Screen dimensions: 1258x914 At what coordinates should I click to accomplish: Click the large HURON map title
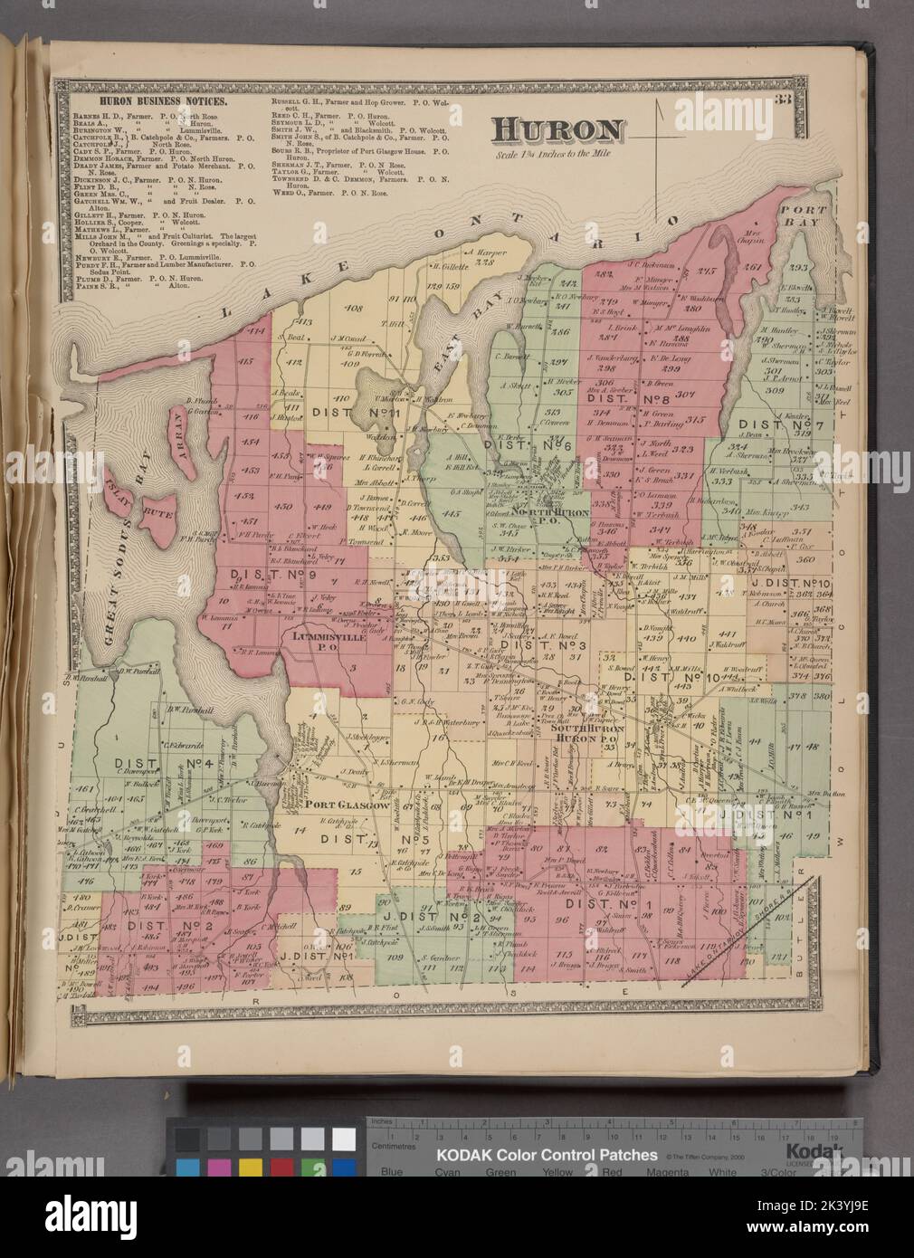(557, 131)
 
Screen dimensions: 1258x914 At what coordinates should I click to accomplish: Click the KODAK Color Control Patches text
(548, 1156)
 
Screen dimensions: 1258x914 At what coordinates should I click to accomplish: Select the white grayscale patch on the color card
(344, 1139)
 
